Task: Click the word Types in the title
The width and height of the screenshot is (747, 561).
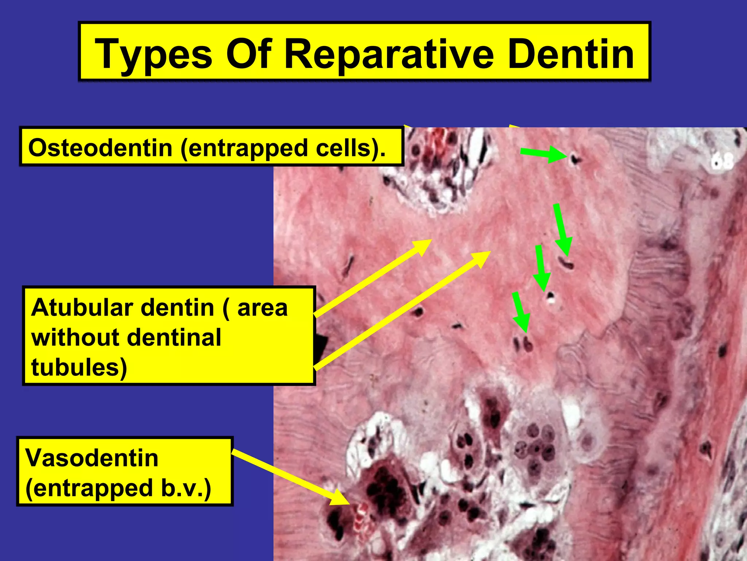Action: point(153,54)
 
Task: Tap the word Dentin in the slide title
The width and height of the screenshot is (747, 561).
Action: point(570,54)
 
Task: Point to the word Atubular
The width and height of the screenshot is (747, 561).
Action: point(86,308)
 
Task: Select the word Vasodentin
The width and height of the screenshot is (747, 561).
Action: point(92,458)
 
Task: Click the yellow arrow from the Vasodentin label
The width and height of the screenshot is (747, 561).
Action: point(290,477)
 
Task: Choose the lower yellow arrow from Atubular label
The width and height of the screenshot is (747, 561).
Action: point(401,310)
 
